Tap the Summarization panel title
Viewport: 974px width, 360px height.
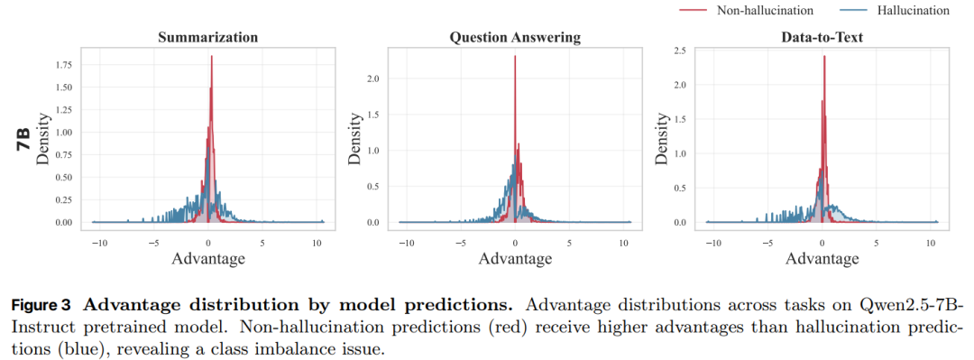(208, 37)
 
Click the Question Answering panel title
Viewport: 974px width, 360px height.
(515, 37)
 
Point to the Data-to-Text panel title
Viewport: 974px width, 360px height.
(822, 37)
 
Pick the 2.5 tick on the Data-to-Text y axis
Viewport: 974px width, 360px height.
(681, 51)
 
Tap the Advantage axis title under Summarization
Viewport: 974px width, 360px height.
(208, 258)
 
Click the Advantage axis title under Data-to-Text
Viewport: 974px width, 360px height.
(822, 258)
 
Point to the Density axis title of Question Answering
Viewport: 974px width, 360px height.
(354, 137)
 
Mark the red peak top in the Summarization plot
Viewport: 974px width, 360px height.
(212, 56)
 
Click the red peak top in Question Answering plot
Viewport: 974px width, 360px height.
(515, 56)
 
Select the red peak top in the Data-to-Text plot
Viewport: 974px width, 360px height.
(824, 56)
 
